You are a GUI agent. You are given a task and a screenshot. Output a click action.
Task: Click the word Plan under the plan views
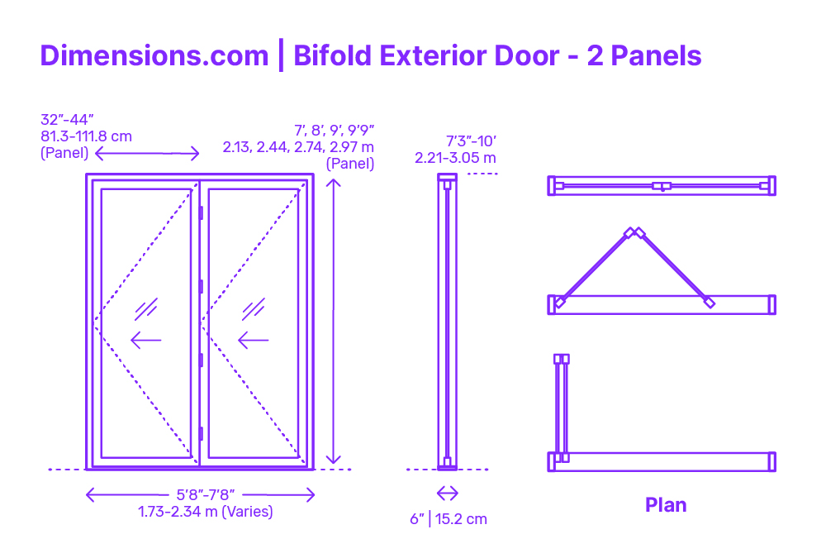666,505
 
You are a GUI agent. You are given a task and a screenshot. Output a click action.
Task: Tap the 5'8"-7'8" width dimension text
206,494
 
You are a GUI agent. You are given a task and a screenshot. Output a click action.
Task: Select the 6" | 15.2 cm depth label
449,519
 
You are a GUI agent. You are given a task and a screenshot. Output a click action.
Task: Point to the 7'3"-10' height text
471,141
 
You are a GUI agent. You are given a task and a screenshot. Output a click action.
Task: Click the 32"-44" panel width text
67,120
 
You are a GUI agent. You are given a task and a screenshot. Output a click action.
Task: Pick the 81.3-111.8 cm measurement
87,136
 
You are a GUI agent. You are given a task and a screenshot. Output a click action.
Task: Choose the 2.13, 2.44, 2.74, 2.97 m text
298,146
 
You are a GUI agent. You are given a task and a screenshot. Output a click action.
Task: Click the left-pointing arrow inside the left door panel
146,341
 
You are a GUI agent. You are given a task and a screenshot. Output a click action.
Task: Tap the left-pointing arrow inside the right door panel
254,341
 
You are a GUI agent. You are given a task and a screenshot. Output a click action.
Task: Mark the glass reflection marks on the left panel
146,309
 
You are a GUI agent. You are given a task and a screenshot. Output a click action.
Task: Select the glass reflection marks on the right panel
254,309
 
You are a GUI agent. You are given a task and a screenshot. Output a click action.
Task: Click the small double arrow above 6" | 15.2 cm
447,494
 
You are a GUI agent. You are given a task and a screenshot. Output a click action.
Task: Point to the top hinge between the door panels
201,213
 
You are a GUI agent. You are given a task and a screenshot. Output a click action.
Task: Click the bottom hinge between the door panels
201,433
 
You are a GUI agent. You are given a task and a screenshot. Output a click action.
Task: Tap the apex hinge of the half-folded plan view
634,233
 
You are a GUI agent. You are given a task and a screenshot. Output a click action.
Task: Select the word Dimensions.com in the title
154,55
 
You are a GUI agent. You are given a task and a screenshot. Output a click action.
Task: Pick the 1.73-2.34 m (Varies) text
206,512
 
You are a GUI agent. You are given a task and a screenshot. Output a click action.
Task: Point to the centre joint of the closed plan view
662,186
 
